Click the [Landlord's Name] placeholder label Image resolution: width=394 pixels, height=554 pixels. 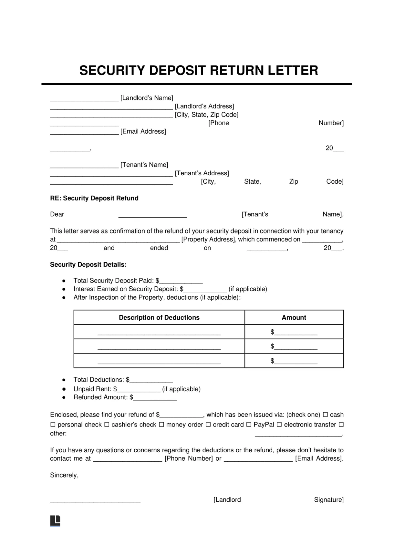[x=147, y=98]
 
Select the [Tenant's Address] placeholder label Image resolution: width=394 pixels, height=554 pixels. [x=202, y=173]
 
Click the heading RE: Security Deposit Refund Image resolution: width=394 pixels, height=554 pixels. [x=94, y=198]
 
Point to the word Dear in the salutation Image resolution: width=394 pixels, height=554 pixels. [x=57, y=214]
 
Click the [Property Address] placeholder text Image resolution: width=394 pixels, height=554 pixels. [x=208, y=240]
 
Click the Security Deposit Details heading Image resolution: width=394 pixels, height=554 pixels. [x=88, y=265]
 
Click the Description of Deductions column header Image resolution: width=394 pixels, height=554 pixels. [x=159, y=318]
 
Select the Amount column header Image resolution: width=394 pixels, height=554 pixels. [x=294, y=318]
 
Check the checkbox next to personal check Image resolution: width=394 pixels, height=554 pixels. [x=53, y=425]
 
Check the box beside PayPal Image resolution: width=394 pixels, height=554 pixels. [x=249, y=425]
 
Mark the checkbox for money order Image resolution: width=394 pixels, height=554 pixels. [x=161, y=425]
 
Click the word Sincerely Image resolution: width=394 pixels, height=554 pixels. [x=64, y=475]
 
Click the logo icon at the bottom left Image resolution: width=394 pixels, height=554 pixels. [x=55, y=520]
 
